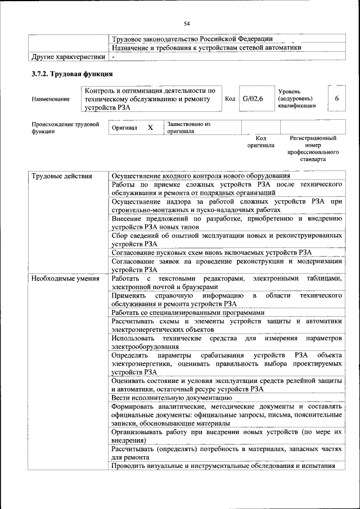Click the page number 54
click(x=186, y=23)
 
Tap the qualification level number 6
click(x=336, y=99)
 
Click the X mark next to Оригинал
click(x=150, y=128)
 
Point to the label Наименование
click(x=51, y=100)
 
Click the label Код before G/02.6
click(x=230, y=99)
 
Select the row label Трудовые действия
click(x=62, y=177)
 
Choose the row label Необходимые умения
click(x=66, y=278)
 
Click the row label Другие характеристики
click(x=68, y=57)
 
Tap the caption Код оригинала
click(x=260, y=141)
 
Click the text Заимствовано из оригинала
click(x=188, y=127)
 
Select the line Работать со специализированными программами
click(x=187, y=312)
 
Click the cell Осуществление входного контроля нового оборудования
click(x=201, y=177)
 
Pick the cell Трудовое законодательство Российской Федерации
click(x=192, y=39)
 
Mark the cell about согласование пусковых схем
click(x=211, y=253)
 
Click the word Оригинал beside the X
click(x=124, y=128)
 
